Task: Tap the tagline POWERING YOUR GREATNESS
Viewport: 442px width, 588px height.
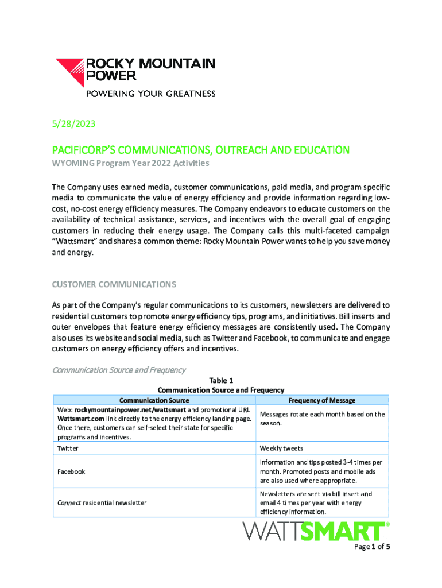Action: point(150,94)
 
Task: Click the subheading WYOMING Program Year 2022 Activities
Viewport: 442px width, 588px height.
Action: point(131,164)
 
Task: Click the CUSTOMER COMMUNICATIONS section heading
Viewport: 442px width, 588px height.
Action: point(114,285)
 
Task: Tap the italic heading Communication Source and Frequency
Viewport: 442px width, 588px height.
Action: point(119,369)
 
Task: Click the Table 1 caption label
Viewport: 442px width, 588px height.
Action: point(220,380)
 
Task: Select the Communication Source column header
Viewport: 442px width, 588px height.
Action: point(154,400)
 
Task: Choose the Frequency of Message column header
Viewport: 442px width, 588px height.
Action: point(321,400)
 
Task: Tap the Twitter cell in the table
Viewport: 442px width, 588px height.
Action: point(68,448)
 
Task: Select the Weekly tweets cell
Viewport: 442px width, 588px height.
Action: point(281,448)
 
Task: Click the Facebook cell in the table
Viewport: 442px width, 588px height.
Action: point(71,471)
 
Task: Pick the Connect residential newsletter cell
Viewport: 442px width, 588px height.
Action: point(102,503)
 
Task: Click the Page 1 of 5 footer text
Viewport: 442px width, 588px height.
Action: point(373,547)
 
